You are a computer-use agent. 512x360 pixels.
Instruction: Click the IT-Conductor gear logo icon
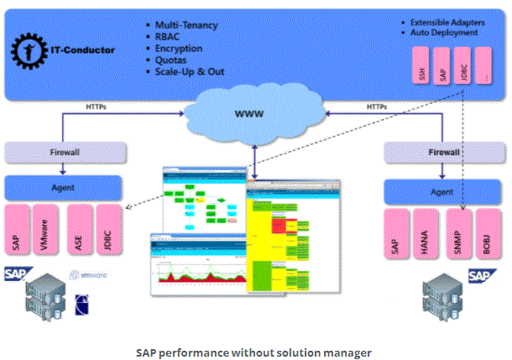[x=28, y=50]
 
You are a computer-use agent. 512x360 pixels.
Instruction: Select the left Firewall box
[x=65, y=154]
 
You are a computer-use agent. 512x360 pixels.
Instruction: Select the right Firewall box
[x=445, y=154]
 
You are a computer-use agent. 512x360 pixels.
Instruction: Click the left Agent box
[x=65, y=186]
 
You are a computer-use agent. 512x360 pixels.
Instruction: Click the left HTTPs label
[x=97, y=107]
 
